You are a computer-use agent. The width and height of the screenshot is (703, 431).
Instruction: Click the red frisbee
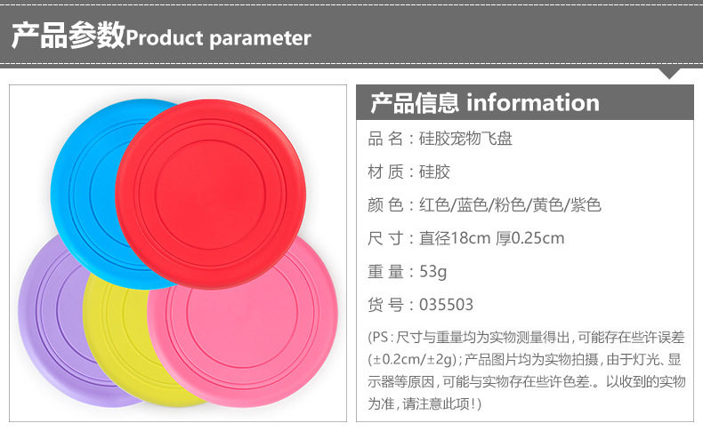pos(211,194)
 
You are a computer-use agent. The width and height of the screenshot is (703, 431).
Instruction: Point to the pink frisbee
pos(251,331)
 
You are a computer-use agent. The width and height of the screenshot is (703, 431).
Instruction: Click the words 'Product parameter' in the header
pos(218,38)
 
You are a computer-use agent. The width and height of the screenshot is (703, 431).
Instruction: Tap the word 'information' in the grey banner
pos(533,102)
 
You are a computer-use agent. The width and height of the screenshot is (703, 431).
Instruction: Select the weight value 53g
pos(432,272)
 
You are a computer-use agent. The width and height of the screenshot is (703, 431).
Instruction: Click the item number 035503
pos(446,305)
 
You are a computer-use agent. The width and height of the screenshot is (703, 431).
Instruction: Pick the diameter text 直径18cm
pos(455,238)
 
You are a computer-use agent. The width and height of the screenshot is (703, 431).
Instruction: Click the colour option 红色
pos(434,205)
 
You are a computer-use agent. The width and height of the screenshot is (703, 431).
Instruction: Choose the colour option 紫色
pos(586,205)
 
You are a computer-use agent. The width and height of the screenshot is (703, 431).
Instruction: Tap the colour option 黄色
pos(548,205)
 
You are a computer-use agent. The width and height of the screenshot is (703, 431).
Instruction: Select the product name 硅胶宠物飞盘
pos(465,139)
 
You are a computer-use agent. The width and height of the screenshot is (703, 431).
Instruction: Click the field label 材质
pos(385,172)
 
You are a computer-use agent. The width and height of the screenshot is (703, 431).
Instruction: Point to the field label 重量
pos(385,272)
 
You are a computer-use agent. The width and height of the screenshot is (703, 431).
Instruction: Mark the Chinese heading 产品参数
pos(69,35)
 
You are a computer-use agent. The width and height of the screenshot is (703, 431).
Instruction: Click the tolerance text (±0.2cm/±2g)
pos(413,359)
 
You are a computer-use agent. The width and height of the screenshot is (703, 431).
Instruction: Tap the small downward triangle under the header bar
pos(669,73)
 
